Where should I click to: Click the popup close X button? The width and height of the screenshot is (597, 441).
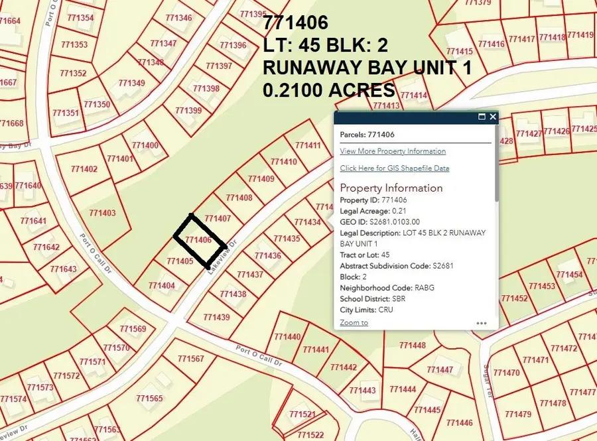tap(493, 117)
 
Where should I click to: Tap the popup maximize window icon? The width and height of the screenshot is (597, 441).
tap(482, 117)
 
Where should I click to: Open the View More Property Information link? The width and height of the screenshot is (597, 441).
tap(393, 151)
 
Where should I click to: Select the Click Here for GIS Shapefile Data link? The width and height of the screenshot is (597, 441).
tap(394, 168)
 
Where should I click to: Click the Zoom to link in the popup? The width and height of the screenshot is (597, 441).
tap(354, 322)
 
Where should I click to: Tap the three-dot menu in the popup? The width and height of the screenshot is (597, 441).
tap(482, 324)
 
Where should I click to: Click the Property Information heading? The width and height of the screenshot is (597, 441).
tap(391, 188)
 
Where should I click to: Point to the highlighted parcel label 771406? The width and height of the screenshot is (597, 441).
tap(198, 240)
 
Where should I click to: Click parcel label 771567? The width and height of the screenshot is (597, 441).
tap(190, 359)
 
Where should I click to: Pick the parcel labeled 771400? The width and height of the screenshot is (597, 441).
tap(145, 145)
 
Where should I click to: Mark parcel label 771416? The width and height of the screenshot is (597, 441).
tap(491, 44)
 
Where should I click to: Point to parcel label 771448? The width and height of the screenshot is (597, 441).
tap(413, 345)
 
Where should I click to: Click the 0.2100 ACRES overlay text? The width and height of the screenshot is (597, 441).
tap(329, 91)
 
